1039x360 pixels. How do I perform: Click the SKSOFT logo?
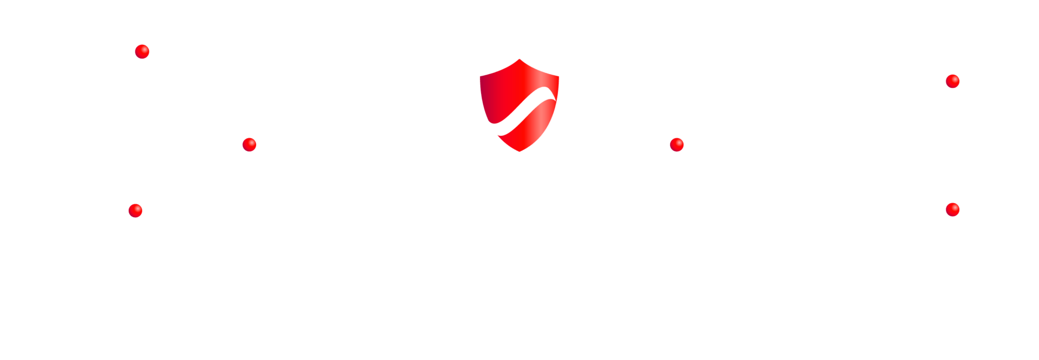tap(135, 51)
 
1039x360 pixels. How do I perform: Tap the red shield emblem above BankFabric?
tap(519, 105)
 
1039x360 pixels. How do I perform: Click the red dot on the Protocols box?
tap(249, 145)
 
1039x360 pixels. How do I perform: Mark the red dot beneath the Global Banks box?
tap(952, 81)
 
